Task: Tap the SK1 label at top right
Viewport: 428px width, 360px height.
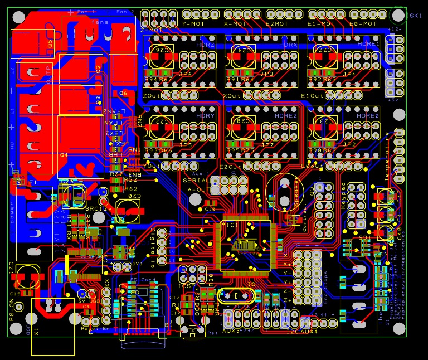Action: [416, 16]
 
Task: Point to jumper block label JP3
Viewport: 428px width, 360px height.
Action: [267, 74]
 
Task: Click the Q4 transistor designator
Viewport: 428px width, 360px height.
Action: [64, 154]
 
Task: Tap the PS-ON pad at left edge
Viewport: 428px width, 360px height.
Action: [19, 307]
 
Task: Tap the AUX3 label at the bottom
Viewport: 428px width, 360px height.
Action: [231, 331]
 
